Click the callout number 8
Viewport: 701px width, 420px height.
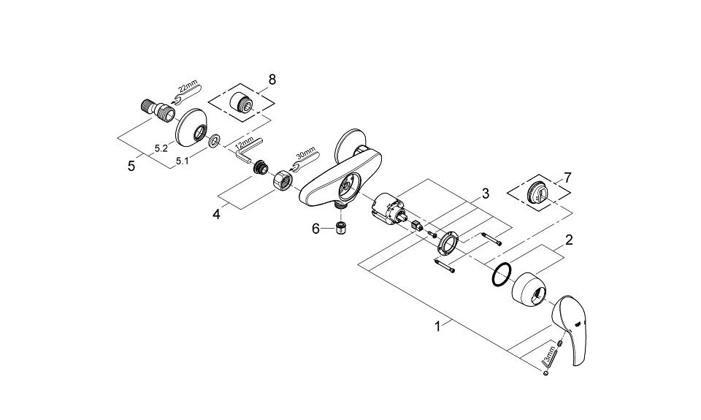coord(272,80)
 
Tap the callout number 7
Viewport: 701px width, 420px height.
coord(567,177)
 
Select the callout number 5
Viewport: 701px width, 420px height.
coord(131,166)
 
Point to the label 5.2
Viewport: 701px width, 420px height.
coord(161,148)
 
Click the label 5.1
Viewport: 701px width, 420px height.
coord(182,161)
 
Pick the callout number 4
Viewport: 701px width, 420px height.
coord(216,214)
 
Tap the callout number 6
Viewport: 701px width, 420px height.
coord(315,229)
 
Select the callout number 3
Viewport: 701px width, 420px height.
coord(485,194)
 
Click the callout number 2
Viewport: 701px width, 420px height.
coord(569,240)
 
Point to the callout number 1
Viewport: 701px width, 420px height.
coord(437,327)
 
